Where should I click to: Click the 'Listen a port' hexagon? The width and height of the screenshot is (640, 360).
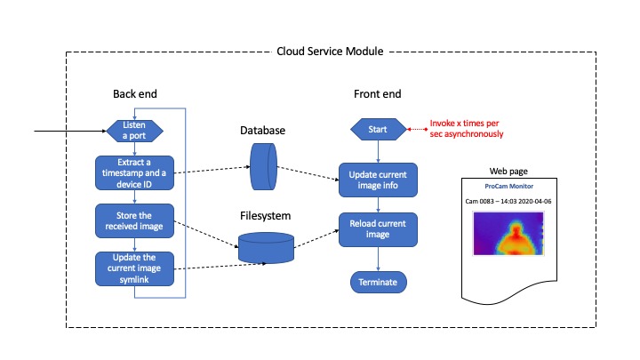(135, 132)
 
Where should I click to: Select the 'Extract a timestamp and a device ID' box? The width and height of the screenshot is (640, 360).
(135, 172)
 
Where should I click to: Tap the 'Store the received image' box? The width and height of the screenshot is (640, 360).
(135, 220)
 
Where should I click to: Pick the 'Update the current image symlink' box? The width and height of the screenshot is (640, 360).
(135, 267)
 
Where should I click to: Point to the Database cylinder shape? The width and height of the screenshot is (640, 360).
(263, 168)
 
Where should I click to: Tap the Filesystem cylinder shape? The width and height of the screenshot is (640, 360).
(267, 246)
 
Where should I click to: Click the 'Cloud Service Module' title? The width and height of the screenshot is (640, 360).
(330, 52)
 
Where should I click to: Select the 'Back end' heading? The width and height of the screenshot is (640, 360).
(135, 94)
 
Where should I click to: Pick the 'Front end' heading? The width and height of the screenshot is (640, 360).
(378, 94)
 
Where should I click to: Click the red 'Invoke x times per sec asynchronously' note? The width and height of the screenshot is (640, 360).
(467, 129)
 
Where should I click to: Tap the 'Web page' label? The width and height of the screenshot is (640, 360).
(508, 171)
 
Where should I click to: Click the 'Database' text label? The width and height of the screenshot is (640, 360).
(263, 131)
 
